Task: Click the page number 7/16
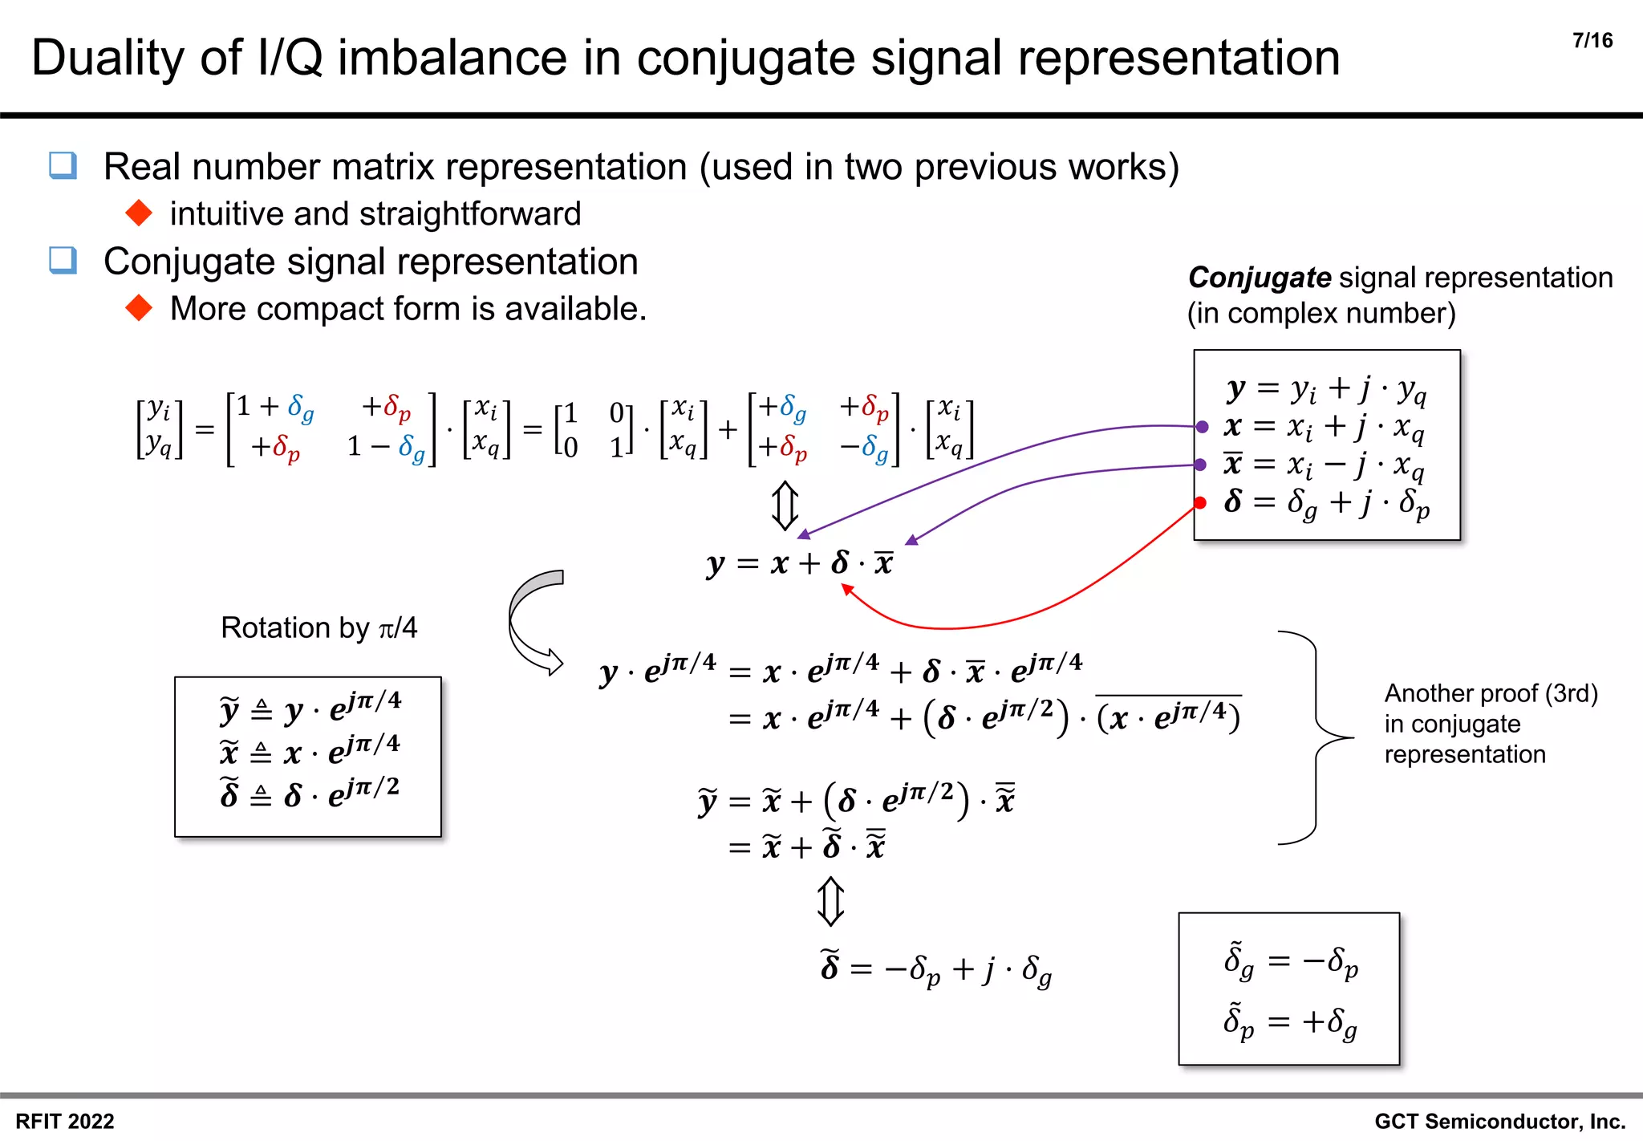click(1592, 41)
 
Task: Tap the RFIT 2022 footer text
click(65, 1121)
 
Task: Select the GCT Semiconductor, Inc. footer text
click(1499, 1121)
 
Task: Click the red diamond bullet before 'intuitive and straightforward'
click(140, 213)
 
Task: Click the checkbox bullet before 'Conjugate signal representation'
click(63, 261)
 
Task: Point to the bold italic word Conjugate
click(1259, 278)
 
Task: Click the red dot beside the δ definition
click(1200, 503)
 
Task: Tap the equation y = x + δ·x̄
click(799, 563)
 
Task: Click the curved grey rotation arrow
click(529, 622)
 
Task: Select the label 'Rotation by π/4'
click(318, 627)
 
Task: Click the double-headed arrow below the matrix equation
click(785, 506)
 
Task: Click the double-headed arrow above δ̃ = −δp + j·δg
click(830, 901)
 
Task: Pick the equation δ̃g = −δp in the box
click(1290, 960)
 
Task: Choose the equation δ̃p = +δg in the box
click(1290, 1023)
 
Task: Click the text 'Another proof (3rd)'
click(1491, 693)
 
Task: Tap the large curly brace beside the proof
click(1316, 737)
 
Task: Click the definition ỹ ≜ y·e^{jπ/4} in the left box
click(310, 708)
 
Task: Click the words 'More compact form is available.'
click(408, 309)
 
